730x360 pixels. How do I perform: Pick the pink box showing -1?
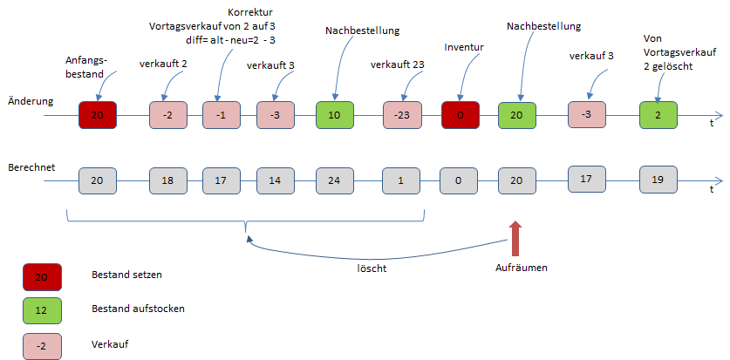(x=222, y=115)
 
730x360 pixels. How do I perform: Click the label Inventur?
(x=463, y=46)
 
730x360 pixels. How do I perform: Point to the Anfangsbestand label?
(x=85, y=67)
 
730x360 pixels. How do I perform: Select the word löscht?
(x=372, y=268)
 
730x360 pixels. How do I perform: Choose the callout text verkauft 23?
(x=398, y=65)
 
